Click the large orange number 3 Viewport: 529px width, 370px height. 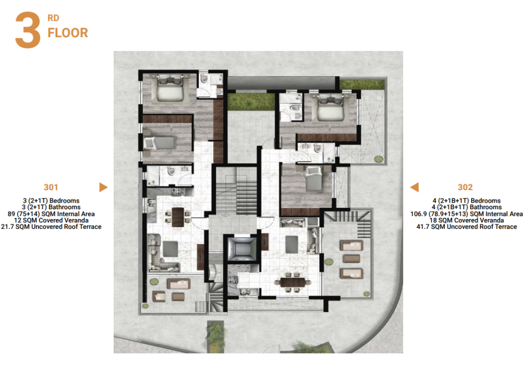(x=28, y=29)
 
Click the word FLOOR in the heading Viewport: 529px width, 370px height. (x=68, y=33)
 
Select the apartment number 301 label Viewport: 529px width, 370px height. (x=51, y=188)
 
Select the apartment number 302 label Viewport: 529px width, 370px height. (x=465, y=188)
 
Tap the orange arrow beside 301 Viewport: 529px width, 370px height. (x=103, y=187)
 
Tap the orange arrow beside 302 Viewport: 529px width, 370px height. (x=415, y=187)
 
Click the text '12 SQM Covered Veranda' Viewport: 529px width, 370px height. (x=51, y=220)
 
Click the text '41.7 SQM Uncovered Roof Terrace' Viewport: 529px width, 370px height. (x=466, y=227)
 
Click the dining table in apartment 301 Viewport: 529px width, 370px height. (x=178, y=217)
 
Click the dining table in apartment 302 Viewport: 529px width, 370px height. (x=292, y=282)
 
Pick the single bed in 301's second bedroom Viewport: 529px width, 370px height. (x=160, y=143)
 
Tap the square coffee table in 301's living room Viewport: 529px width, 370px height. (x=170, y=249)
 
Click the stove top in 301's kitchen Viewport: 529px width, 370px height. (x=177, y=192)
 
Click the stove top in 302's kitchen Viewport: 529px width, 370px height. (x=232, y=280)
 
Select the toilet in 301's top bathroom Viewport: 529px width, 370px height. (x=204, y=79)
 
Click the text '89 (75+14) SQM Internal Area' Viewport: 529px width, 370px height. (x=51, y=214)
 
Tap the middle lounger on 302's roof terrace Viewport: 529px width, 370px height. (x=351, y=259)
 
